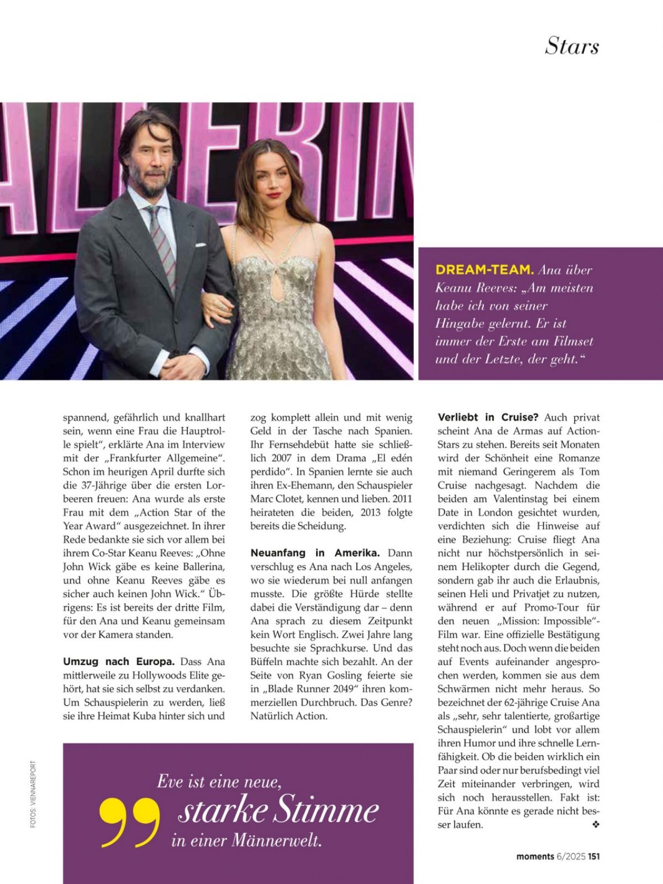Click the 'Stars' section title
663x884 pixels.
(x=572, y=46)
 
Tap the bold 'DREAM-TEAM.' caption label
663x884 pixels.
(x=484, y=270)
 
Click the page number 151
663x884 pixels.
(x=593, y=856)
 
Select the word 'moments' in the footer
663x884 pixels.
(x=535, y=856)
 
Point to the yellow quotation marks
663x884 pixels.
(x=129, y=822)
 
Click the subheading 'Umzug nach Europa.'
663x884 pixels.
(x=119, y=662)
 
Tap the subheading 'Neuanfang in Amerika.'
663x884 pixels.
(x=315, y=553)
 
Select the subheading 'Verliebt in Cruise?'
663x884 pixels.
(x=488, y=417)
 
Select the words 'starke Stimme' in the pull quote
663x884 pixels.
(x=278, y=811)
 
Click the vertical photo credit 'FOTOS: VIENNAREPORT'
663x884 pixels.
(x=34, y=794)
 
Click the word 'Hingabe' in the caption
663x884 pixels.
(x=461, y=323)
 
